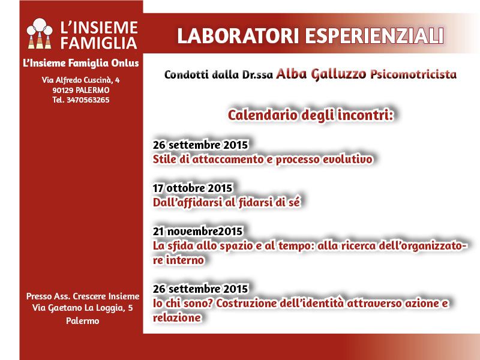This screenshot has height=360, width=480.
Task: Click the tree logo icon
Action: [40, 34]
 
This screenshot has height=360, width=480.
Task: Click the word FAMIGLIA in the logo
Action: [98, 43]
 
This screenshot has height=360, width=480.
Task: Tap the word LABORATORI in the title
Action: [238, 36]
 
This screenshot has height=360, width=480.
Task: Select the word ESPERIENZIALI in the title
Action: [374, 36]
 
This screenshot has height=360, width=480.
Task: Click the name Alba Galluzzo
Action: [321, 74]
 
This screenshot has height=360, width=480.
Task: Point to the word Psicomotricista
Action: [413, 74]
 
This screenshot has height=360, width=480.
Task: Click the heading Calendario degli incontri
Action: [311, 115]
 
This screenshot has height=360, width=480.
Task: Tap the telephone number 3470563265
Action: [88, 100]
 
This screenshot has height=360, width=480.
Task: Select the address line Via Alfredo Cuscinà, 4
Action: [81, 80]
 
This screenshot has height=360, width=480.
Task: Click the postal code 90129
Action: [63, 91]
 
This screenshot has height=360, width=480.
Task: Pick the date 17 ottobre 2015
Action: [193, 188]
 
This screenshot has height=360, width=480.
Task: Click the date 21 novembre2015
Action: [198, 232]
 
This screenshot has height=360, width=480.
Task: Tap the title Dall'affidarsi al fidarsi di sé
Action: [227, 203]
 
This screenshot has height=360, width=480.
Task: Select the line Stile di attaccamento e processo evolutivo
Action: [263, 160]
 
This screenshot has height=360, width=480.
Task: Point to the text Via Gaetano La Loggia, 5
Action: [83, 308]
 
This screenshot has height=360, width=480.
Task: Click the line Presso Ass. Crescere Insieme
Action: [83, 296]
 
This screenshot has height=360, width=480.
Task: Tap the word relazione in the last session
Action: [177, 318]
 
